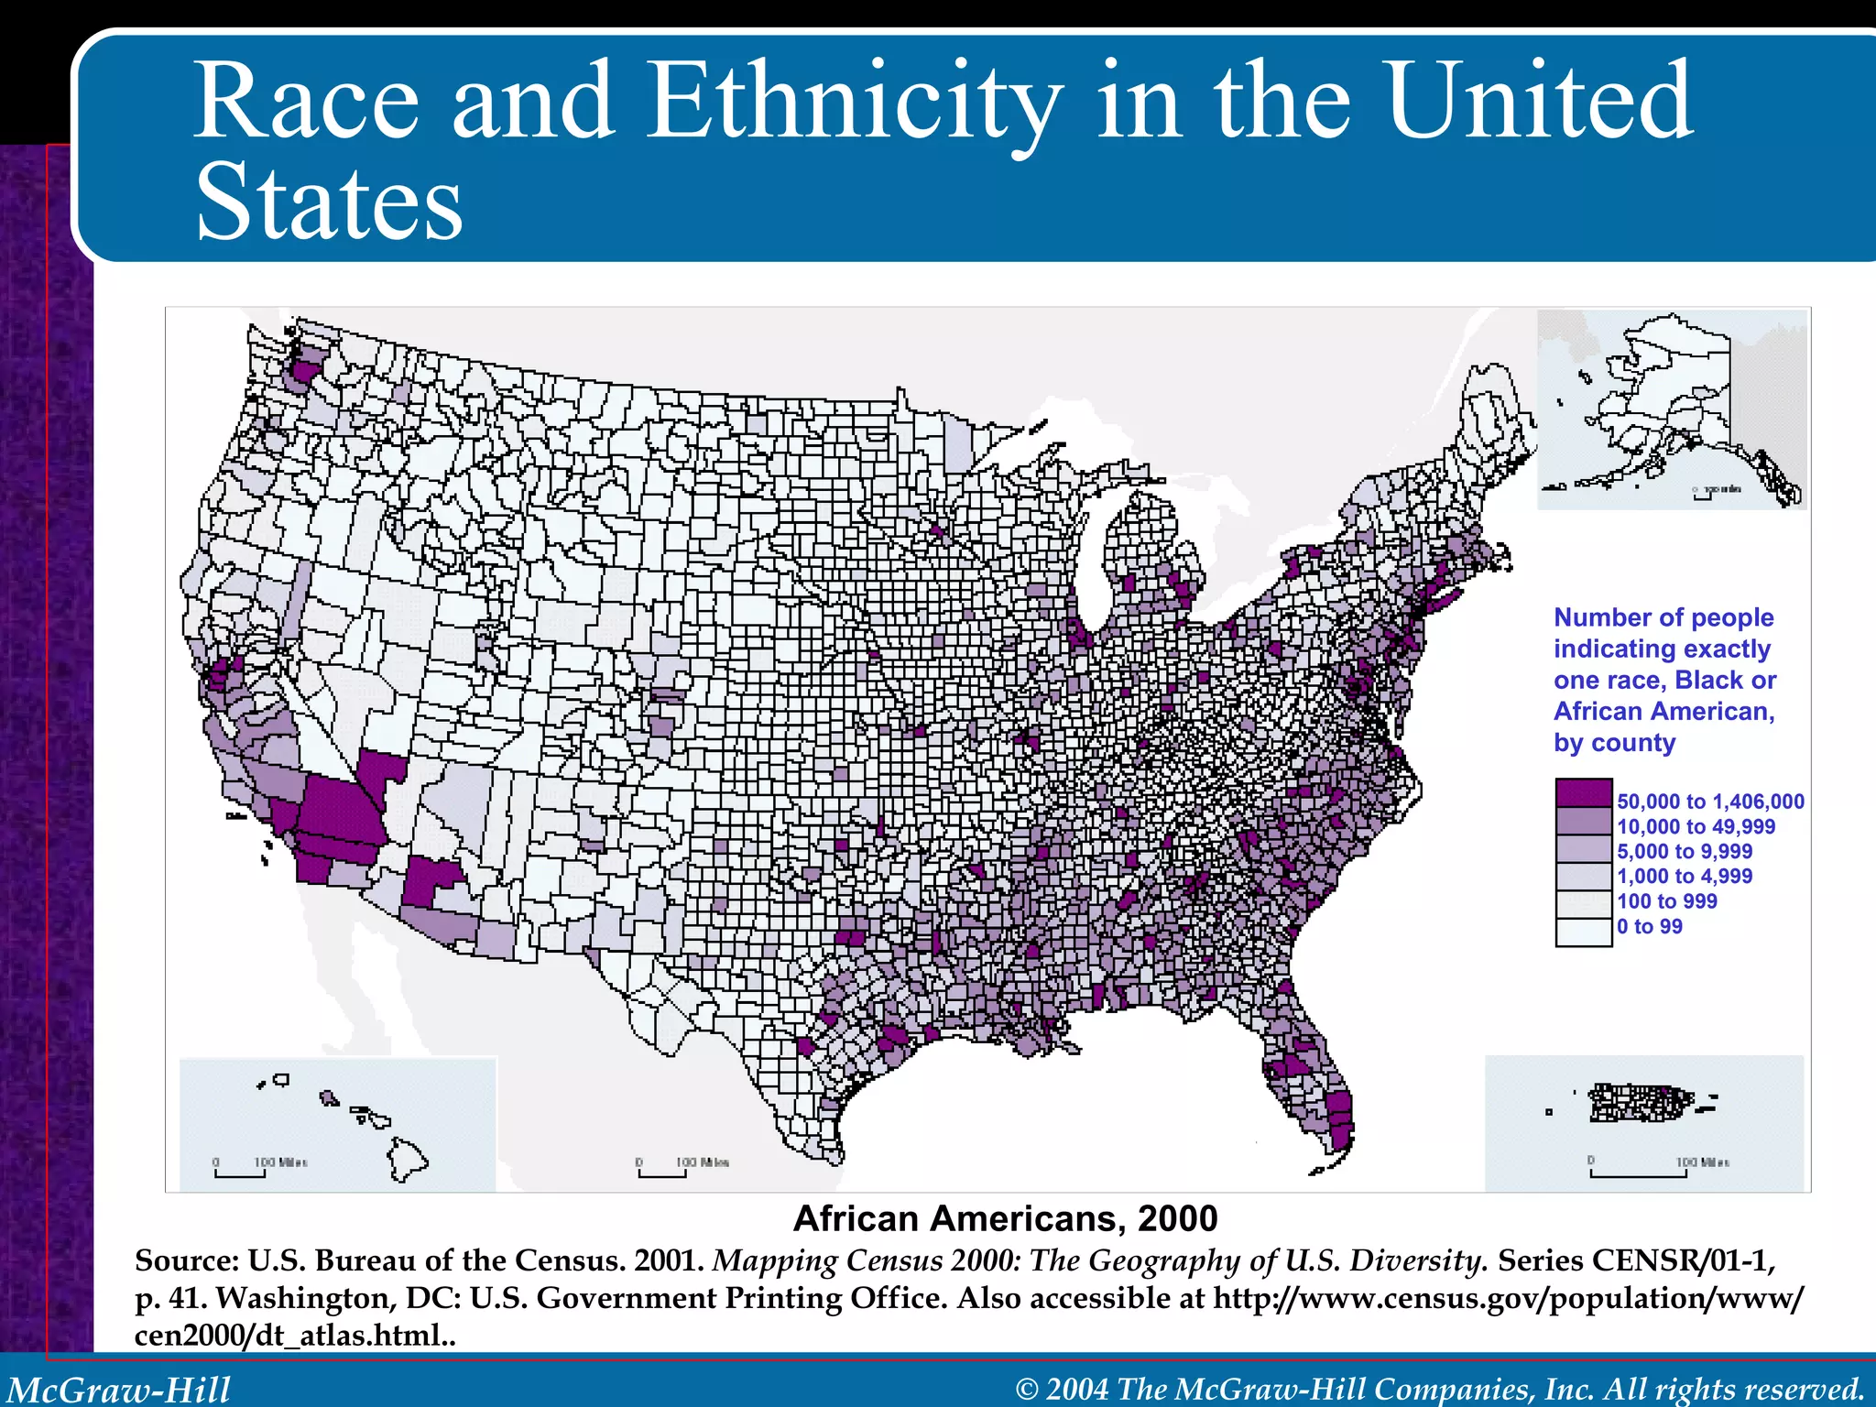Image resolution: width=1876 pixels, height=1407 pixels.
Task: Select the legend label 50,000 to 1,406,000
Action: click(1710, 802)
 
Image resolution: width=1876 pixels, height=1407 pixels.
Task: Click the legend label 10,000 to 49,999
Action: click(1696, 826)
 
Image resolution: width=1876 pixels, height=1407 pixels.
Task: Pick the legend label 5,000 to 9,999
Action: click(1685, 851)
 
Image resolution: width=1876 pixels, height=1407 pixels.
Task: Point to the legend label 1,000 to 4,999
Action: click(1685, 876)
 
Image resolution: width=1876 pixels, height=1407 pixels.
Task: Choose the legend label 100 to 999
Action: click(1666, 901)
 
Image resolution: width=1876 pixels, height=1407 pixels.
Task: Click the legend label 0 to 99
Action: click(1649, 926)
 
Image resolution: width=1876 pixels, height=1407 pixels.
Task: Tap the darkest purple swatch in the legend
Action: click(1583, 792)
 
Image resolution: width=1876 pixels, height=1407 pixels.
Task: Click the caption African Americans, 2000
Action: click(1005, 1219)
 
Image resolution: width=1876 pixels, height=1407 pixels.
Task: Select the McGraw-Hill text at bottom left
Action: click(119, 1389)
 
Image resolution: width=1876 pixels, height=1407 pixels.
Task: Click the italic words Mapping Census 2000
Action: click(866, 1261)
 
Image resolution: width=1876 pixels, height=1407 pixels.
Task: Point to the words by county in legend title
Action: click(1614, 743)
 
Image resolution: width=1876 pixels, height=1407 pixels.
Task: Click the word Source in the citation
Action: click(186, 1261)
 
